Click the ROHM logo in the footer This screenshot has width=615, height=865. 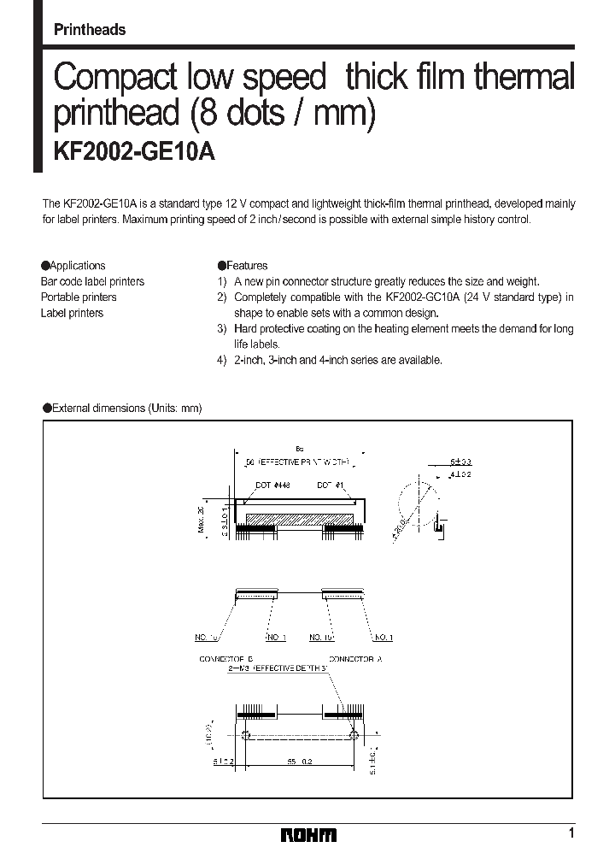(308, 835)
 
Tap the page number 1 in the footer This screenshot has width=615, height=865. (570, 833)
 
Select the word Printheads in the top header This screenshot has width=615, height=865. (90, 30)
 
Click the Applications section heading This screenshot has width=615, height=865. (78, 266)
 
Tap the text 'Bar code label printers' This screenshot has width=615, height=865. (92, 281)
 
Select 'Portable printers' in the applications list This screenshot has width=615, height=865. (79, 297)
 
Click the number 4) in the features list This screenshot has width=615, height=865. (222, 360)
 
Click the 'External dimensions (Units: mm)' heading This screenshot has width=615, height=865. (126, 408)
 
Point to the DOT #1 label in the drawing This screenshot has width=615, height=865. (330, 485)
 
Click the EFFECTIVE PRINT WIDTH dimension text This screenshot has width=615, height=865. (297, 462)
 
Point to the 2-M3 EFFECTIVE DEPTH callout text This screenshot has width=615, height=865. (278, 669)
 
